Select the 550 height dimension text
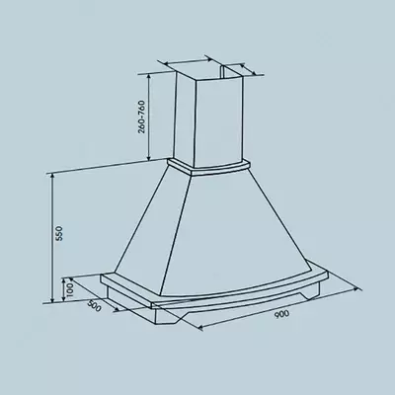pos(59,236)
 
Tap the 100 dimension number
pos(68,288)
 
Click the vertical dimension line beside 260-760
pos(148,118)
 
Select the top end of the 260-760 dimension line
pos(148,71)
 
